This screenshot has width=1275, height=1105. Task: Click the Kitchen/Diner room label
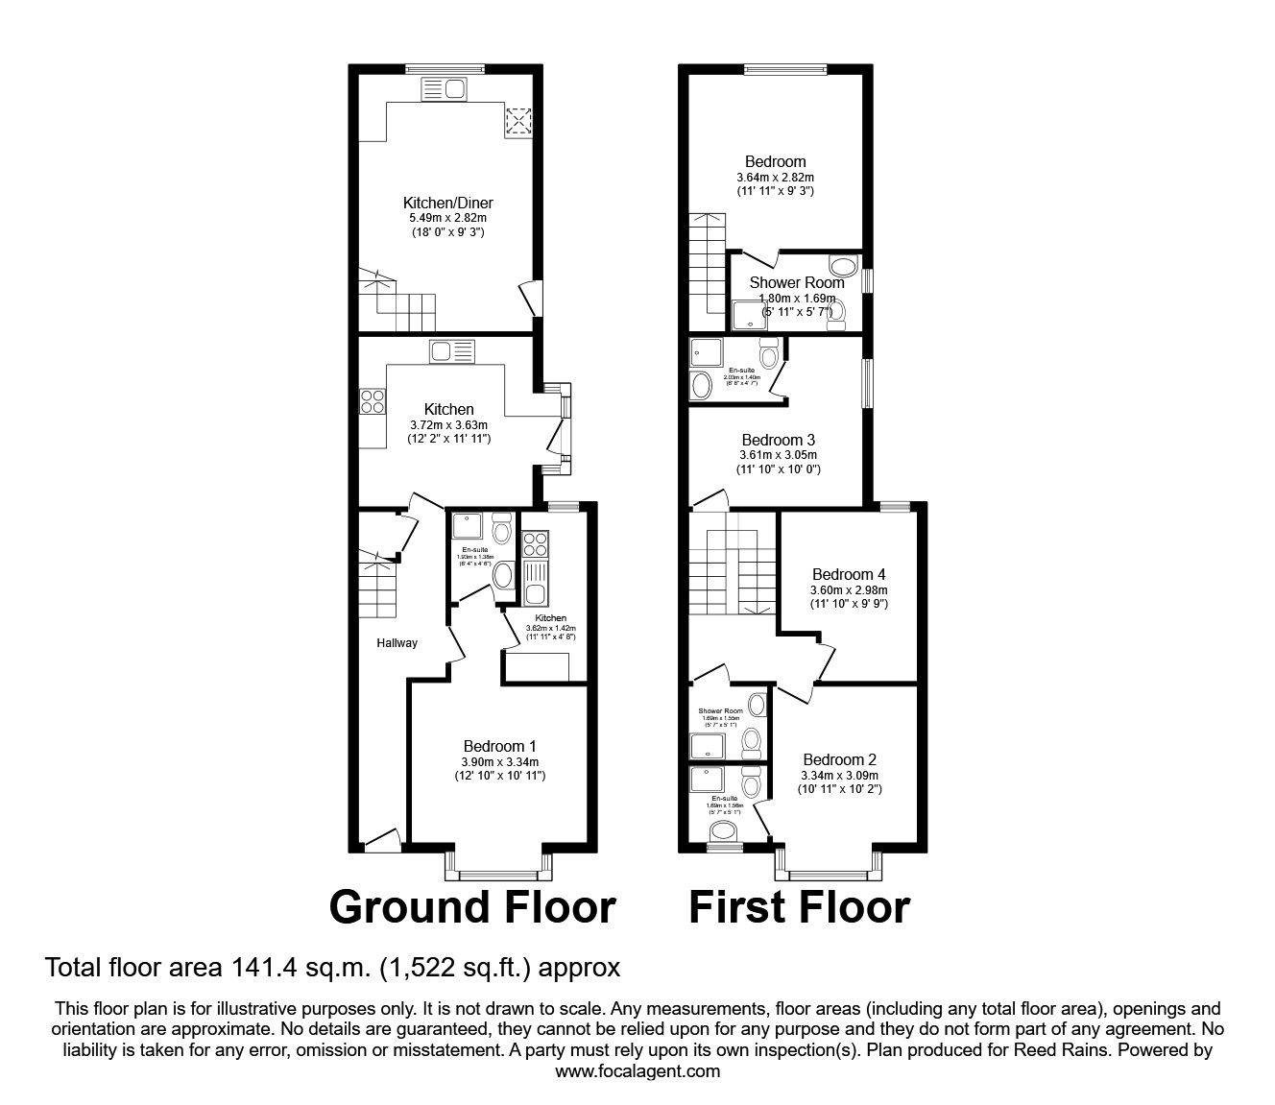pyautogui.click(x=447, y=203)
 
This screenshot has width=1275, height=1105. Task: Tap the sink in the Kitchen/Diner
pyautogui.click(x=444, y=90)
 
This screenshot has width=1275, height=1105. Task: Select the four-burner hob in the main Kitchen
pyautogui.click(x=373, y=401)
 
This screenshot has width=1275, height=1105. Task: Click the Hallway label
pyautogui.click(x=397, y=643)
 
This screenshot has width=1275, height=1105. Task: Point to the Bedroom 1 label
pyautogui.click(x=499, y=746)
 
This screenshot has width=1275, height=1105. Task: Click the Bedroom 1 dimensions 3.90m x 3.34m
pyautogui.click(x=499, y=761)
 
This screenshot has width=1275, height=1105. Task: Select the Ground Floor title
pyautogui.click(x=472, y=907)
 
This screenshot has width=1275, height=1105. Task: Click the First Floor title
pyautogui.click(x=799, y=907)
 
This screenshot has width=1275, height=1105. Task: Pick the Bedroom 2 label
pyautogui.click(x=839, y=759)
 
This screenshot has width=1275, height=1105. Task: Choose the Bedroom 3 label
pyautogui.click(x=779, y=439)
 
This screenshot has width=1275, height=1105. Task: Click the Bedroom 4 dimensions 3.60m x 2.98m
pyautogui.click(x=849, y=589)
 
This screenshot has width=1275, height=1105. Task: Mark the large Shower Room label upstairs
pyautogui.click(x=797, y=282)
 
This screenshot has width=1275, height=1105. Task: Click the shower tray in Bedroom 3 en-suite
pyautogui.click(x=704, y=351)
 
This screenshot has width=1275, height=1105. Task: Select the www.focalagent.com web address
pyautogui.click(x=637, y=1071)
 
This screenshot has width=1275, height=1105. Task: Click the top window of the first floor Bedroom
pyautogui.click(x=786, y=68)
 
